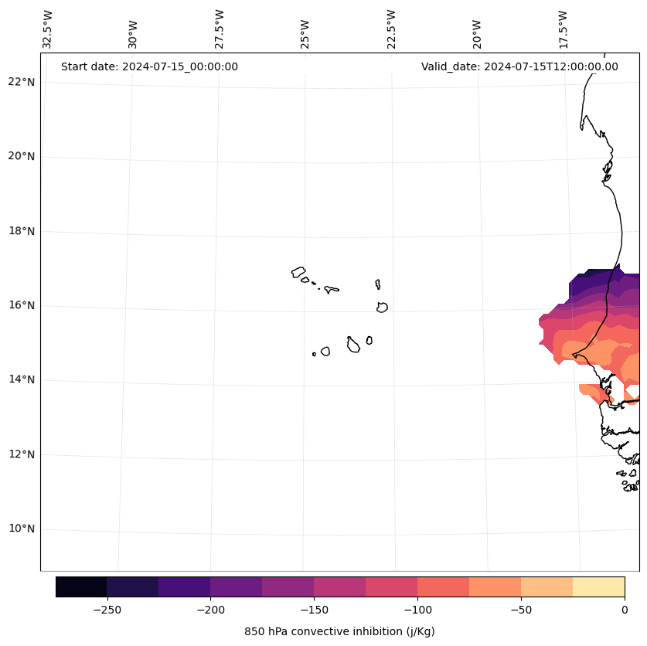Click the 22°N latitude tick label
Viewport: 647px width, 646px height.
pyautogui.click(x=22, y=82)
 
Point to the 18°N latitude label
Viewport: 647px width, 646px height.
pyautogui.click(x=22, y=231)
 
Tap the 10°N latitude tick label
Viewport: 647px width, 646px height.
pyautogui.click(x=22, y=529)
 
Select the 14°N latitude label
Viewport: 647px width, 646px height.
pyautogui.click(x=22, y=380)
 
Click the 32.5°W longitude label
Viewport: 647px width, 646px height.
pyautogui.click(x=48, y=29)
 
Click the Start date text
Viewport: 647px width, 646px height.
pyautogui.click(x=149, y=66)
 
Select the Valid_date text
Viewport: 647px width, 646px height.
pyautogui.click(x=519, y=66)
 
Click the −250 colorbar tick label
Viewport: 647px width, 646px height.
pyautogui.click(x=107, y=610)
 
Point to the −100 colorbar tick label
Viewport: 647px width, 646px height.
pyautogui.click(x=417, y=610)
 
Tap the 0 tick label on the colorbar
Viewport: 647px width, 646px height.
pyautogui.click(x=625, y=610)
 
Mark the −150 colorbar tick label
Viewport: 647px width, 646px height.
pyautogui.click(x=314, y=610)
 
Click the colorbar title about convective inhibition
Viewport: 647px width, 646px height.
pyautogui.click(x=339, y=631)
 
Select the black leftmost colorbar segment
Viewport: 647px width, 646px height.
pyautogui.click(x=81, y=586)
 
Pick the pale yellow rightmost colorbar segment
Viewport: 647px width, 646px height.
pyautogui.click(x=598, y=586)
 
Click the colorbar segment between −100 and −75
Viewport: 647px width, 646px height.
pyautogui.click(x=443, y=586)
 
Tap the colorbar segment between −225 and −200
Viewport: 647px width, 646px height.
pyautogui.click(x=184, y=586)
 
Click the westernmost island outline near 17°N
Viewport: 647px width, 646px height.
pyautogui.click(x=298, y=272)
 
